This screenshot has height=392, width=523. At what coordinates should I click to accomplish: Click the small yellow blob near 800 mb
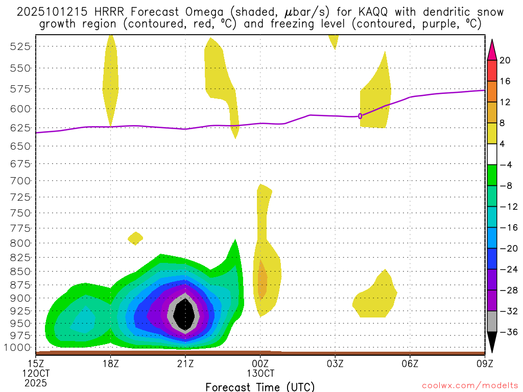pos(135,238)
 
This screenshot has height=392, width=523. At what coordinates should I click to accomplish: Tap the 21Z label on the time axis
pos(185,364)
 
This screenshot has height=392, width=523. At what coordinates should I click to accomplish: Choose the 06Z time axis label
pos(410,364)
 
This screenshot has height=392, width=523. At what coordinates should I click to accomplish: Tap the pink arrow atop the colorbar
pos(492,49)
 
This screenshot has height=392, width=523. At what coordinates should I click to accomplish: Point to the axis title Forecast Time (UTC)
pos(260,386)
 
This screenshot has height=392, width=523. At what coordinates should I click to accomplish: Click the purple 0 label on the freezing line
pos(360,116)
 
